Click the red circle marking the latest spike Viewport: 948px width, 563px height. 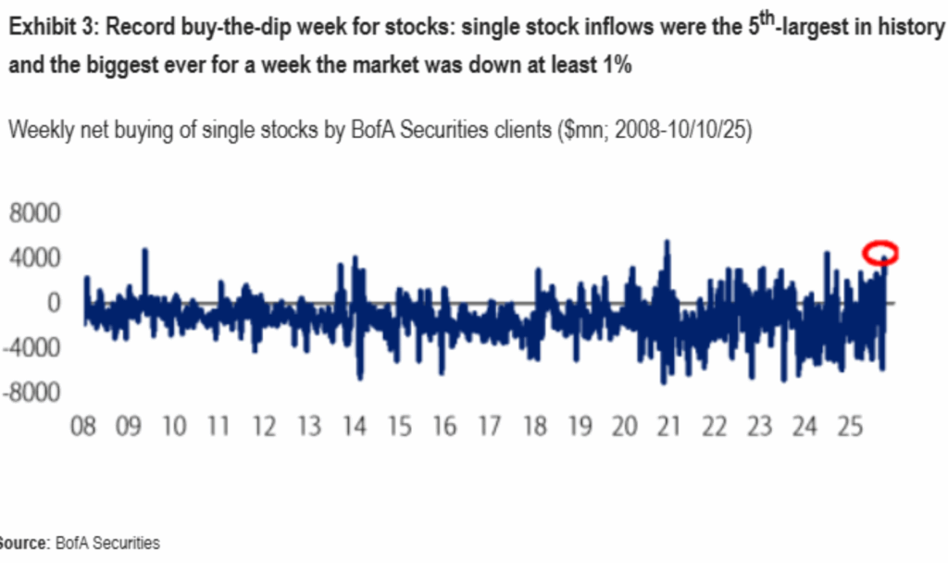pos(880,252)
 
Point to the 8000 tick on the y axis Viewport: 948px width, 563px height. pos(34,213)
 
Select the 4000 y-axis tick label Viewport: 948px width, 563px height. pos(34,257)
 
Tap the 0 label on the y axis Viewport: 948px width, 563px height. pos(54,303)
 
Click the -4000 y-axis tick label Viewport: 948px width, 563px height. pos(31,348)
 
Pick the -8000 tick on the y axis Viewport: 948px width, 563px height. pos(31,393)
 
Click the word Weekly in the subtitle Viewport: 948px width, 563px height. pos(37,131)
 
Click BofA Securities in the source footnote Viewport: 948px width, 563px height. pos(107,544)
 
